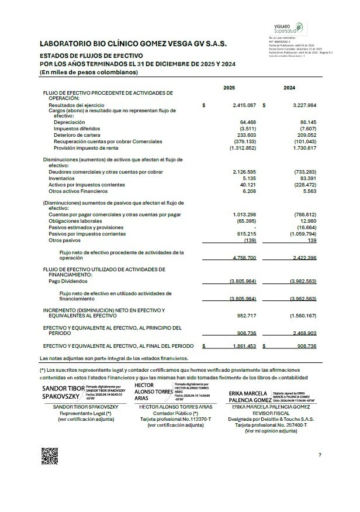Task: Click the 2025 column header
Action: (229, 88)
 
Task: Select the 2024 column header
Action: (289, 88)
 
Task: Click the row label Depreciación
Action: (69, 122)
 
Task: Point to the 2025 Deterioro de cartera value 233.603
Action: (247, 135)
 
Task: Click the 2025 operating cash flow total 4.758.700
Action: (244, 257)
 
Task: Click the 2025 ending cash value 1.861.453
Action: (244, 347)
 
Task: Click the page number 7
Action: (320, 455)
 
